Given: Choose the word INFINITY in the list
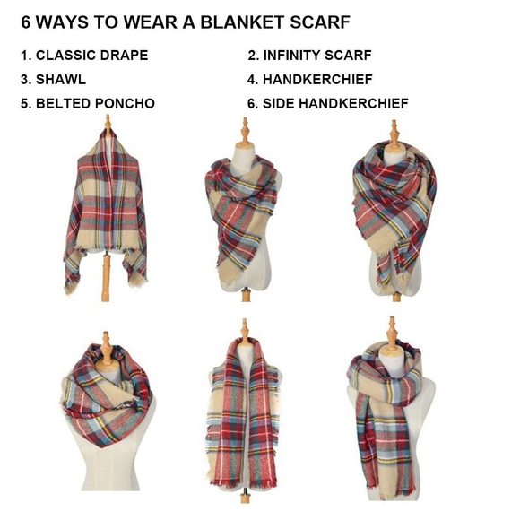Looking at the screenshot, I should click(294, 56).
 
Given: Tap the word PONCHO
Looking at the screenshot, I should click(126, 104).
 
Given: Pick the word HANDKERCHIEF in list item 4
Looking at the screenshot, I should click(317, 80).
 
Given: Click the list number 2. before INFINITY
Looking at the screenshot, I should click(253, 56).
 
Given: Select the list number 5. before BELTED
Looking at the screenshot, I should click(26, 104).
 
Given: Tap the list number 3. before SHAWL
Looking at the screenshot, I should click(26, 80).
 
